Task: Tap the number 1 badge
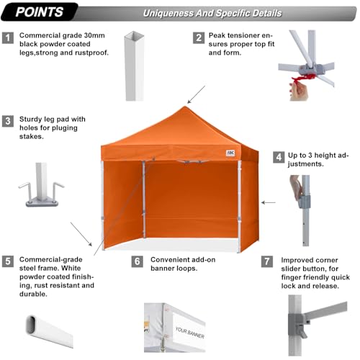pos(8,37)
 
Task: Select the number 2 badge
pos(198,37)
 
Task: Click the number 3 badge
pos(8,121)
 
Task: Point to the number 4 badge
pos(279,156)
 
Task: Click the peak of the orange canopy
pos(185,107)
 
